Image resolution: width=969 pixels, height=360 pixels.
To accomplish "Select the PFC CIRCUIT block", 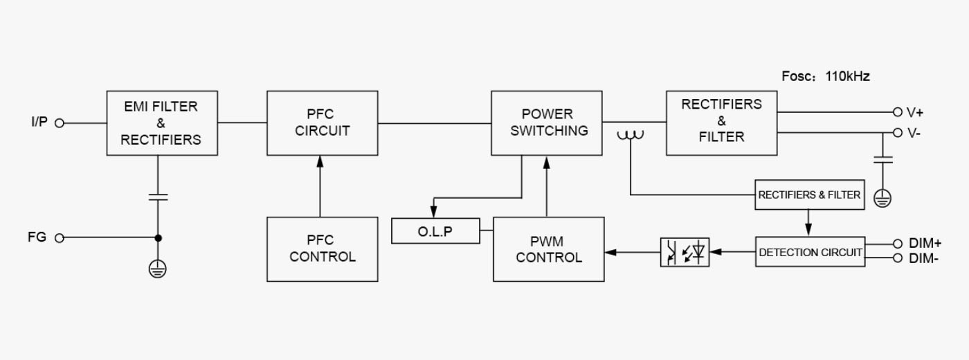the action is pyautogui.click(x=323, y=123).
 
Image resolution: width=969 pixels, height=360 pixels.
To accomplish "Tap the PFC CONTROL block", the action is pyautogui.click(x=323, y=249).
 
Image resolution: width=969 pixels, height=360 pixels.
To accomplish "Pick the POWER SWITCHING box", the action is pyautogui.click(x=547, y=123).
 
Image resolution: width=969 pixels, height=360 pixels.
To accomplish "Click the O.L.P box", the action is pyautogui.click(x=435, y=231).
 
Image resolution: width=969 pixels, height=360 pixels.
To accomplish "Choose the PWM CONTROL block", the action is pyautogui.click(x=549, y=249).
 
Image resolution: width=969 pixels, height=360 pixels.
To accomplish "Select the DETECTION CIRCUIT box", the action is pyautogui.click(x=810, y=252).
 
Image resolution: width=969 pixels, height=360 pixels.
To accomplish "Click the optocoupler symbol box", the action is pyautogui.click(x=685, y=252).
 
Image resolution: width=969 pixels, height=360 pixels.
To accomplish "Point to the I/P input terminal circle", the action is pyautogui.click(x=60, y=123).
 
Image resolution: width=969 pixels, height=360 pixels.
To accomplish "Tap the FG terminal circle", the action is pyautogui.click(x=60, y=238).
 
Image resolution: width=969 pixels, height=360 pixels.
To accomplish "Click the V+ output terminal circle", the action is pyautogui.click(x=898, y=112).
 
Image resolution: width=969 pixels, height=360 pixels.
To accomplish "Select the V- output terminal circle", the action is pyautogui.click(x=898, y=133).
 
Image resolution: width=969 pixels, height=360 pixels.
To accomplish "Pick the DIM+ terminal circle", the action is pyautogui.click(x=898, y=244).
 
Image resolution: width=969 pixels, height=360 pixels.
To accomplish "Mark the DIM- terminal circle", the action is pyautogui.click(x=898, y=258).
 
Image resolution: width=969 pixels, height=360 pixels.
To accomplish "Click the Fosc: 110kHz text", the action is pyautogui.click(x=825, y=77).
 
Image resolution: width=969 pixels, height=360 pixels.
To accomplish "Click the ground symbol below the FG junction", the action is pyautogui.click(x=158, y=269).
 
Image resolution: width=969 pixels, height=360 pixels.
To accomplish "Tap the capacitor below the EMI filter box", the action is pyautogui.click(x=158, y=197).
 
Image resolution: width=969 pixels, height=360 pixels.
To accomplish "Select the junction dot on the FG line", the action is pyautogui.click(x=159, y=238).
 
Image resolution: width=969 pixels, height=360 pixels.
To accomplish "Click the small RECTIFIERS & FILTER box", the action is pyautogui.click(x=810, y=195).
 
